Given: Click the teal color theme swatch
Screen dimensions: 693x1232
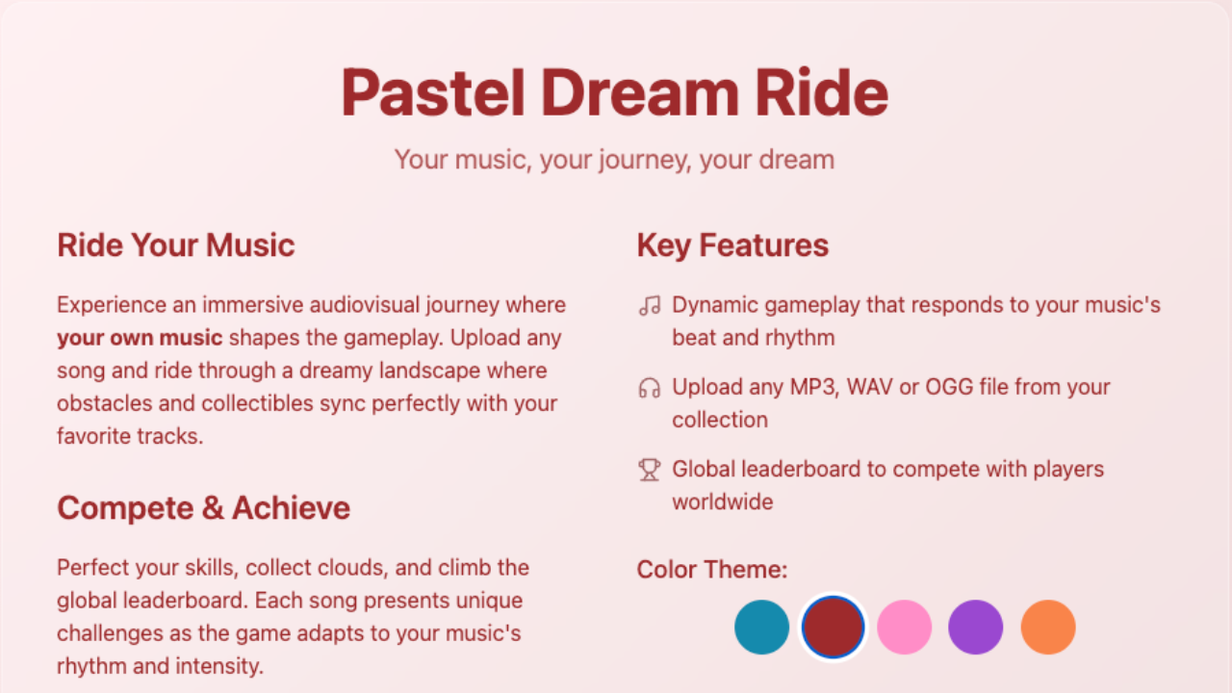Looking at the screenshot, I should (x=761, y=627).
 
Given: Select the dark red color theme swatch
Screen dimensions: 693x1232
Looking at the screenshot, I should (x=833, y=627).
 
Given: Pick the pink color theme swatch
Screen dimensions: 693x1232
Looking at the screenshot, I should (x=904, y=627).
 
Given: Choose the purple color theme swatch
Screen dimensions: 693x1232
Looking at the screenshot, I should (x=975, y=627).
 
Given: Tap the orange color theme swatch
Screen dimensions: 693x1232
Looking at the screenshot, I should (x=1047, y=627).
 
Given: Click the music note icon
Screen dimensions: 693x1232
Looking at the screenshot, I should (x=650, y=306).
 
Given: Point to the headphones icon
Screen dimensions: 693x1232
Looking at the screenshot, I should (x=650, y=388).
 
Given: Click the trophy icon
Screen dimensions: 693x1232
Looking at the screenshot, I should (x=650, y=470).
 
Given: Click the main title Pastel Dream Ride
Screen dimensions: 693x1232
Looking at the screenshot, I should (x=614, y=92).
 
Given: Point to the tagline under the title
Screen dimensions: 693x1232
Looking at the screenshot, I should (x=614, y=159).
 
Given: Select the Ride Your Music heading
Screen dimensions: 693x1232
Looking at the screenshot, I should (x=175, y=245).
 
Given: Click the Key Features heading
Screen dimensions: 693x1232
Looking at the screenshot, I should (x=732, y=245).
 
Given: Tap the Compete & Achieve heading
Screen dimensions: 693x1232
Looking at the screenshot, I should (x=203, y=508).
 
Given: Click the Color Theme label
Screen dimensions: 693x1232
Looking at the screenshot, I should (x=711, y=570).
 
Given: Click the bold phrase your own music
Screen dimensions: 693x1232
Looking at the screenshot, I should (x=140, y=338).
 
